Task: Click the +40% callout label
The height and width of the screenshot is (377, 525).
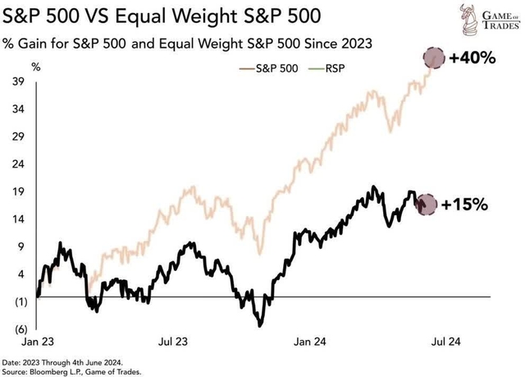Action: coord(473,57)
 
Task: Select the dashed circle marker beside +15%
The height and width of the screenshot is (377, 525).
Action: coord(427,205)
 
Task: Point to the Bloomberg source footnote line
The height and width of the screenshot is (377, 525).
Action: coord(82,370)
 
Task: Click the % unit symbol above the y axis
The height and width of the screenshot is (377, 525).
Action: coord(36,65)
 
